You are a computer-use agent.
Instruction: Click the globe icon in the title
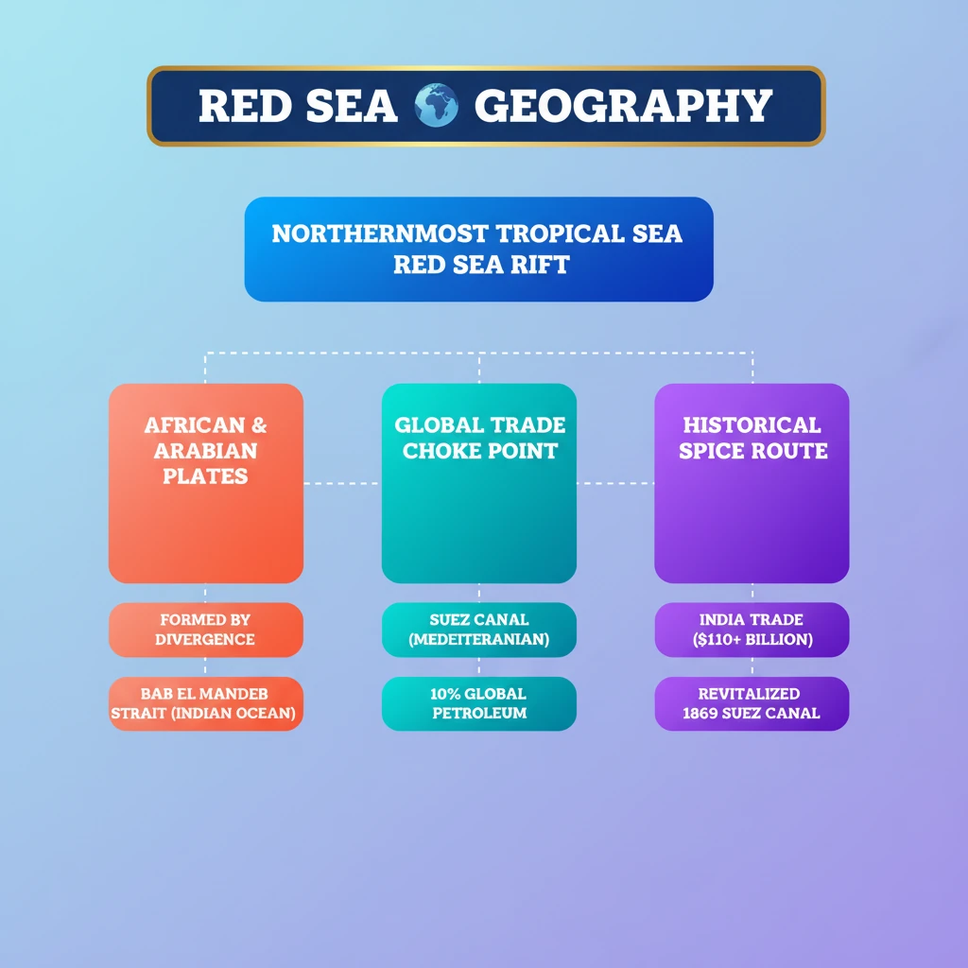point(436,106)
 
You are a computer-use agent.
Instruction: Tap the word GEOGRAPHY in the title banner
point(623,106)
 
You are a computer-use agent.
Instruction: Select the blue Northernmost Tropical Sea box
point(478,249)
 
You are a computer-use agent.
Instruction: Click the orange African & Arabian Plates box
point(206,483)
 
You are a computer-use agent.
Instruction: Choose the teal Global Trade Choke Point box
point(478,483)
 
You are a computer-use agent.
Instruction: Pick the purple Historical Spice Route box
point(752,483)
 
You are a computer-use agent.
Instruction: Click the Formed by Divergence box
point(206,630)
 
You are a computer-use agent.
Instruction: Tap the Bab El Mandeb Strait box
point(206,703)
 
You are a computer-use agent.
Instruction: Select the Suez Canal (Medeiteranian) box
point(478,630)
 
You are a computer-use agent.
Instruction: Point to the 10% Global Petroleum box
point(478,703)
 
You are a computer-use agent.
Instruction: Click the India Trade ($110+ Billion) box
point(752,630)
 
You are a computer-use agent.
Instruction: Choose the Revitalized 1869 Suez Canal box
point(752,703)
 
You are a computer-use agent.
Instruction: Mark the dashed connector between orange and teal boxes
point(342,483)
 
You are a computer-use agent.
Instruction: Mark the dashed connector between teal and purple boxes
point(615,483)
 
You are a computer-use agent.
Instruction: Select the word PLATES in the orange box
point(205,475)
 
